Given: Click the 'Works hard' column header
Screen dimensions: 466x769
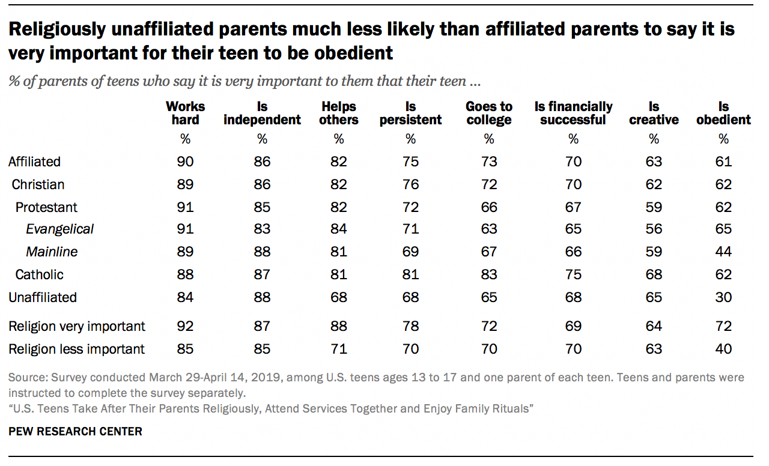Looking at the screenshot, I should point(185,113).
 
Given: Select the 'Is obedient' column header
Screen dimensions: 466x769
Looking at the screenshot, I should point(723,113).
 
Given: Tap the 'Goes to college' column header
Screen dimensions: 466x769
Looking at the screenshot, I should point(489,113).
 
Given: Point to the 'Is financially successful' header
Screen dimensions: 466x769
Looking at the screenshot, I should point(573,113).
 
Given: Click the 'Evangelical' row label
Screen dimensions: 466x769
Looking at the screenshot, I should point(59,229).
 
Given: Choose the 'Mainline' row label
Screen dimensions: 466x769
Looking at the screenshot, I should point(52,252).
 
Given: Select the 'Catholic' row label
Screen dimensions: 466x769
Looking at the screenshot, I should point(40,274).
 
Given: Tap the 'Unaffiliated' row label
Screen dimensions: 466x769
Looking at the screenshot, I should point(43,297).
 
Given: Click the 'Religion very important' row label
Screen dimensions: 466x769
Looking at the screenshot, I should point(77,326).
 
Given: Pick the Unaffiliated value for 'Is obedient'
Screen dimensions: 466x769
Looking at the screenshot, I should point(723,297).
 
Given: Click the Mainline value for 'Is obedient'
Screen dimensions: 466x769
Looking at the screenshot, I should point(723,252).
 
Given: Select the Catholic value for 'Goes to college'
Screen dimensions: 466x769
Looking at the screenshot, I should point(489,274).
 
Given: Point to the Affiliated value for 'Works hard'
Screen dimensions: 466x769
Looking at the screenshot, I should point(185,162).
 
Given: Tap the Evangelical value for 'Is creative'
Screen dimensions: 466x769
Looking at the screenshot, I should point(654,229).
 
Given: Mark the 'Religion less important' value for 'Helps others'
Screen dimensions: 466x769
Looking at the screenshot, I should point(339,349).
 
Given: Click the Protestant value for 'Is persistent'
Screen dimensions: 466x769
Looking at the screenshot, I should point(410,207).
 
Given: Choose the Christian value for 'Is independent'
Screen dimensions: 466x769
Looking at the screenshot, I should point(262,184).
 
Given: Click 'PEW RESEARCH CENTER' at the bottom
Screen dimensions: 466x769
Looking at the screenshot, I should point(75,431).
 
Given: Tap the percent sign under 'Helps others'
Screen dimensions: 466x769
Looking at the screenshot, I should point(339,139).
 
